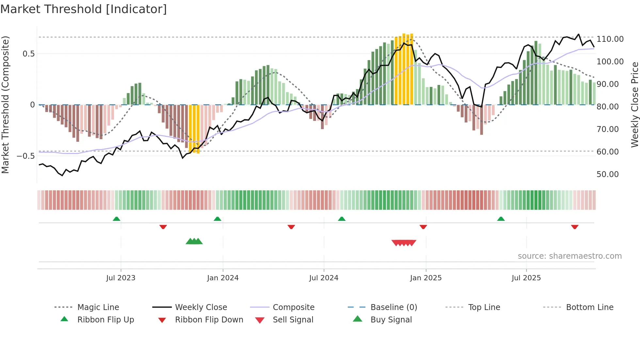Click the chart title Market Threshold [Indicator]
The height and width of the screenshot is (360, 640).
(84, 9)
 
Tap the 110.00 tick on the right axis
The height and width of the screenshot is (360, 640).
(610, 39)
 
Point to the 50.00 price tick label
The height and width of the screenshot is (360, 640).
(607, 174)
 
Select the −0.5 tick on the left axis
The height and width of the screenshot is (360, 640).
(26, 156)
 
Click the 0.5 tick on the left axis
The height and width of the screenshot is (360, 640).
(28, 54)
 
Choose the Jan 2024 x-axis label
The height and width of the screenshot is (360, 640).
(223, 278)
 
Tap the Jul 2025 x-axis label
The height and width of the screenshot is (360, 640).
(526, 278)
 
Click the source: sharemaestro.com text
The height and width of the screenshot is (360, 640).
(569, 256)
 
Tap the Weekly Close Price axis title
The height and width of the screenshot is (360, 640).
(634, 105)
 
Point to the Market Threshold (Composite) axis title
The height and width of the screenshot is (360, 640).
(5, 105)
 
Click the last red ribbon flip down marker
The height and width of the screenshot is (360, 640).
(575, 227)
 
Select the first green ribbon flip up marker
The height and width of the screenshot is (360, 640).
(117, 219)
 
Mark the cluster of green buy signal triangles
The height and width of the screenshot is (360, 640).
(194, 241)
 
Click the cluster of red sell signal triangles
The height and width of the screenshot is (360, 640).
(404, 243)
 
